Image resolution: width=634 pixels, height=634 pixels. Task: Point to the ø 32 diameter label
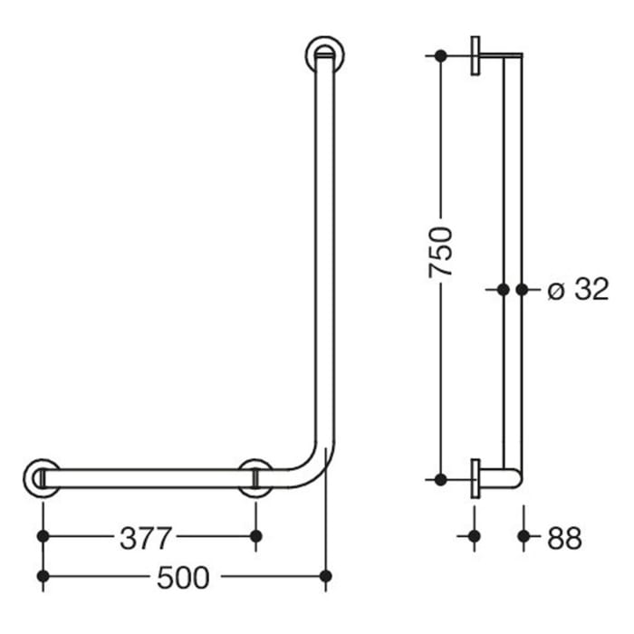pyautogui.click(x=579, y=290)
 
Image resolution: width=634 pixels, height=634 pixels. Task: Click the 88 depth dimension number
pyautogui.click(x=564, y=537)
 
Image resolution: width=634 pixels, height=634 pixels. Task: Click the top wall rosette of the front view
pyautogui.click(x=324, y=55)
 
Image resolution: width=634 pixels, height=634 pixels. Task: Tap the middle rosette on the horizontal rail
pyautogui.click(x=255, y=478)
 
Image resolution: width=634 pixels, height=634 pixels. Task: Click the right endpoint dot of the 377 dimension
pyautogui.click(x=255, y=536)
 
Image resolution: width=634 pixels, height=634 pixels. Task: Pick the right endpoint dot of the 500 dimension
pyautogui.click(x=325, y=575)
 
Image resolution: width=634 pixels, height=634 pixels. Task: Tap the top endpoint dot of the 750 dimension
pyautogui.click(x=440, y=55)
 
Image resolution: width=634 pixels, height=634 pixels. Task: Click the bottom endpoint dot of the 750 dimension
pyautogui.click(x=440, y=478)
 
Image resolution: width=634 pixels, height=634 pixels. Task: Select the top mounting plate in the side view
pyautogui.click(x=475, y=55)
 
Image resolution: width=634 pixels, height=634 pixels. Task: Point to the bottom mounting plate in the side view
pyautogui.click(x=475, y=478)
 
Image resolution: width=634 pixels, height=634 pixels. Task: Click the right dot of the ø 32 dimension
pyautogui.click(x=522, y=290)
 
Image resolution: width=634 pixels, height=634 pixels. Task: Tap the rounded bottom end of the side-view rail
pyautogui.click(x=513, y=478)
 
